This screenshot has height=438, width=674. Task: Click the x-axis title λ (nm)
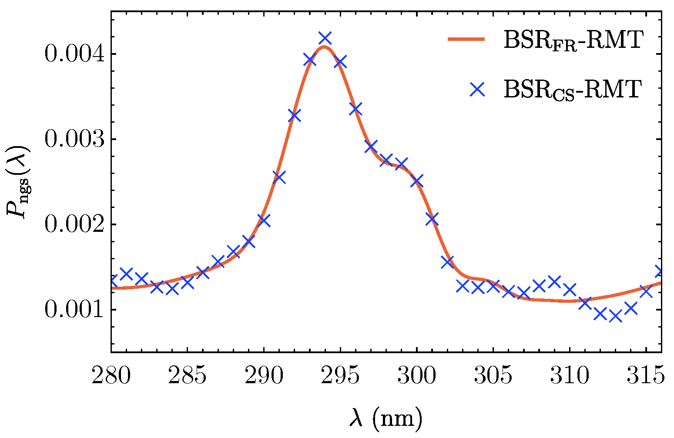pyautogui.click(x=386, y=419)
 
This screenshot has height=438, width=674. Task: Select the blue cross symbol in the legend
pyautogui.click(x=478, y=89)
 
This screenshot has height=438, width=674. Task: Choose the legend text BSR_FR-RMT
pyautogui.click(x=573, y=42)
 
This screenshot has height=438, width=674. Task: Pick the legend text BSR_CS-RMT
pyautogui.click(x=573, y=90)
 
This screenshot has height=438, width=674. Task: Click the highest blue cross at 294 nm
pyautogui.click(x=325, y=38)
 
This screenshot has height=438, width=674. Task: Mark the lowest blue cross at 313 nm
pyautogui.click(x=615, y=316)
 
